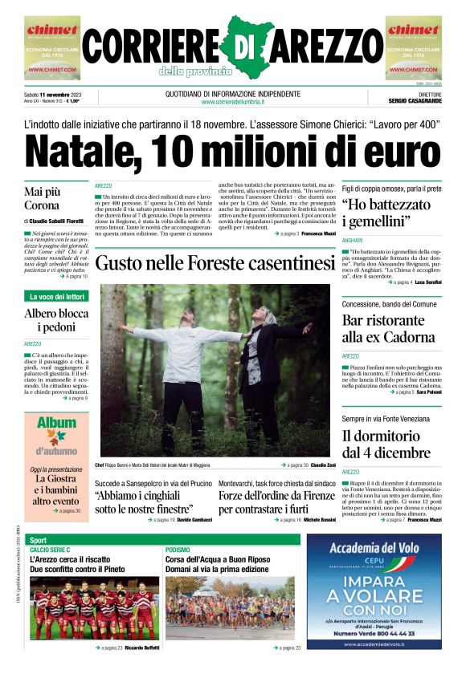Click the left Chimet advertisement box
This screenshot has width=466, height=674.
pyautogui.click(x=52, y=48)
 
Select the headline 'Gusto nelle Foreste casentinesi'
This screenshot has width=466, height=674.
pyautogui.click(x=215, y=263)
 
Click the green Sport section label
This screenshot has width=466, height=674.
pyautogui.click(x=39, y=539)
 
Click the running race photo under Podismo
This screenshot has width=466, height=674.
pyautogui.click(x=230, y=609)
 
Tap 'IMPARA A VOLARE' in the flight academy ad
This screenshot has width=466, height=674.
pyautogui.click(x=374, y=595)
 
